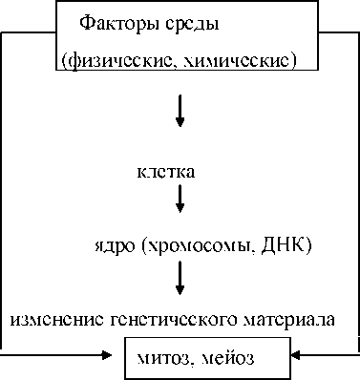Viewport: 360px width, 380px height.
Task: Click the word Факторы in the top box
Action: tap(120, 24)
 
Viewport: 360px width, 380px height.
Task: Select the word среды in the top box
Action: tap(192, 25)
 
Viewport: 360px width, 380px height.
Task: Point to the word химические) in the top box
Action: tap(236, 61)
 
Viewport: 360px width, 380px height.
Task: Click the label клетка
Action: tap(166, 172)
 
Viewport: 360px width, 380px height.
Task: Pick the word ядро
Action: tap(115, 246)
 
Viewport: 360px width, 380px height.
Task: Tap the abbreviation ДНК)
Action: tap(286, 246)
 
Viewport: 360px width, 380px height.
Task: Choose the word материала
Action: tap(288, 319)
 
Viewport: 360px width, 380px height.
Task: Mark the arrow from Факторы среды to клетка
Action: tap(180, 111)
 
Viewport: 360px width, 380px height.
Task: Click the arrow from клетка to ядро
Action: tap(180, 199)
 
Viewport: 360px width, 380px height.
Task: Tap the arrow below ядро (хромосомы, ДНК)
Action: tap(180, 278)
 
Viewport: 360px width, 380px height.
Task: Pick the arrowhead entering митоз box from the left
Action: tap(107, 354)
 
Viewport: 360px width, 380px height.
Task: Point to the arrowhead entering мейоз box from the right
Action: tap(296, 355)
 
